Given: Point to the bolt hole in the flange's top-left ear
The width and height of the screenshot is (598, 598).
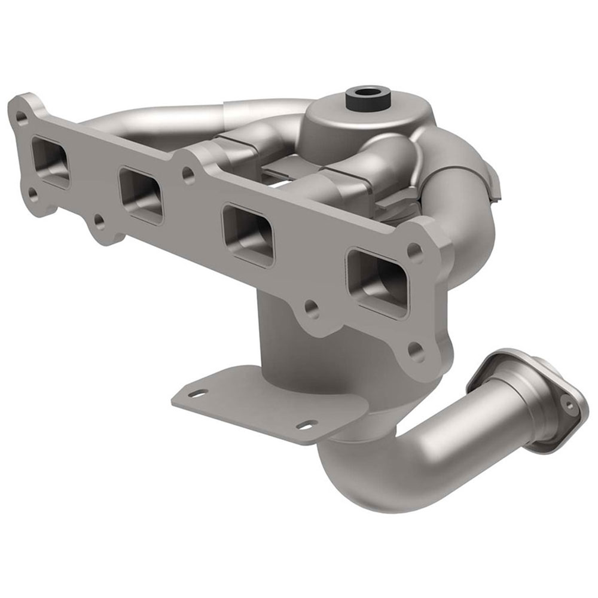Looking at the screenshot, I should coord(22,118).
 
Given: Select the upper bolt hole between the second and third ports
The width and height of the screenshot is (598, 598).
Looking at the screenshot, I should coord(188,175).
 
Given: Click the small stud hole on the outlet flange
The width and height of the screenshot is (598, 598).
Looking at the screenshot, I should coord(569,405).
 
